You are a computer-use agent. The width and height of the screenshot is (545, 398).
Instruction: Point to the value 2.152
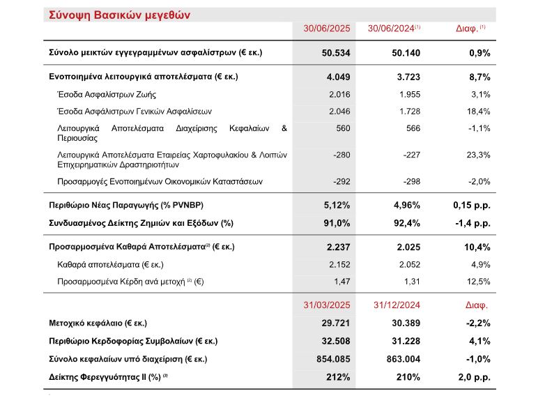[x=337, y=264]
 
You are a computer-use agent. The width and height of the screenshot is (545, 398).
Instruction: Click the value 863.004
[x=401, y=359]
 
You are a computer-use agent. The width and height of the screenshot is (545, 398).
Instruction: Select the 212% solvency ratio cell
[x=337, y=377]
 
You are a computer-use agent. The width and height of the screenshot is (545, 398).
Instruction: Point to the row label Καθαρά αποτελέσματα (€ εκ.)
[x=113, y=264]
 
